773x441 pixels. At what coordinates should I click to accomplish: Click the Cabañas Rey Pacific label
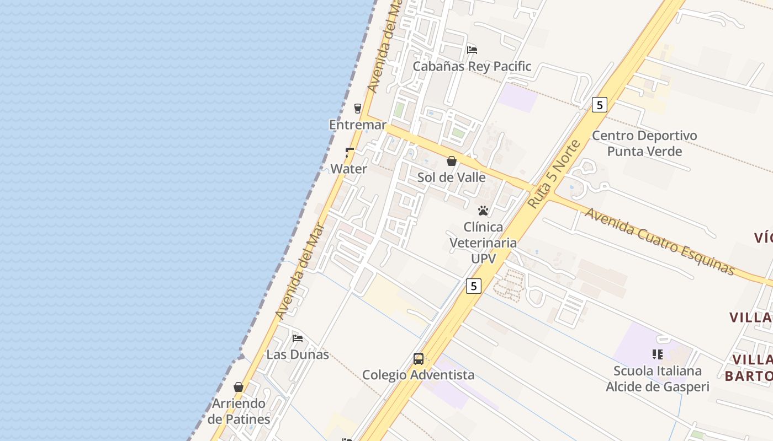[x=472, y=67]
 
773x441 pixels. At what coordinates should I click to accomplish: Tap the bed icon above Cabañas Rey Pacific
[x=472, y=50]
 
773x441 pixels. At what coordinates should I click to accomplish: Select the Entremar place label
[x=358, y=125]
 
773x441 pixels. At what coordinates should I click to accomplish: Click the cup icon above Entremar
[x=358, y=108]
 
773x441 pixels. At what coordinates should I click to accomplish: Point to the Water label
[x=348, y=169]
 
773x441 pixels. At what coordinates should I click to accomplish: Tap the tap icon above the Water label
[x=349, y=152]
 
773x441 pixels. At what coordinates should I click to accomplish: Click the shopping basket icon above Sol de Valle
[x=452, y=161]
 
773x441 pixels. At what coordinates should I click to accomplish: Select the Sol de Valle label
[x=452, y=178]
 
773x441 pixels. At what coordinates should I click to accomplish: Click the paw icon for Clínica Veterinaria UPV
[x=483, y=211]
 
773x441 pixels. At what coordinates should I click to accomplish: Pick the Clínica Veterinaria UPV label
[x=483, y=243]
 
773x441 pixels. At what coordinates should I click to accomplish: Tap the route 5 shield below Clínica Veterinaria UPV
[x=473, y=286]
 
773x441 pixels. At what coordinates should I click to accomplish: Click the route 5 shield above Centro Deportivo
[x=600, y=105]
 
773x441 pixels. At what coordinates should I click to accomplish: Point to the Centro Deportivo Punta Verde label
[x=644, y=143]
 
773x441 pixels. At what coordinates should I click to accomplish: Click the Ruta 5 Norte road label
[x=554, y=174]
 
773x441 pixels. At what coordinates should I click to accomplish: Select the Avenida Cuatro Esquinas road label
[x=660, y=241]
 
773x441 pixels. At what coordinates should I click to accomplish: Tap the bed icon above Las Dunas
[x=298, y=338]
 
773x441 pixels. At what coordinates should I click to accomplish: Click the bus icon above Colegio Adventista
[x=419, y=359]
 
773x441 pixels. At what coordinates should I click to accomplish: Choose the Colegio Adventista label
[x=418, y=375]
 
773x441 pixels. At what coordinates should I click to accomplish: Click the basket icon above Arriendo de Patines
[x=239, y=387]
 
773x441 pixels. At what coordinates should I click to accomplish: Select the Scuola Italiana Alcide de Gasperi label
[x=657, y=379]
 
